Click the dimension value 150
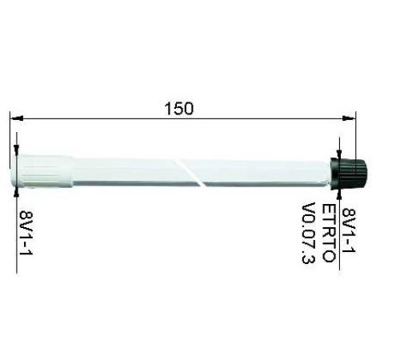[x=182, y=109]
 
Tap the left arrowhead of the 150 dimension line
[x=14, y=118]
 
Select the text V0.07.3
[x=308, y=236]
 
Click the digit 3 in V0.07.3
[x=308, y=263]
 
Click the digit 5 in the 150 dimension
[x=182, y=109]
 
